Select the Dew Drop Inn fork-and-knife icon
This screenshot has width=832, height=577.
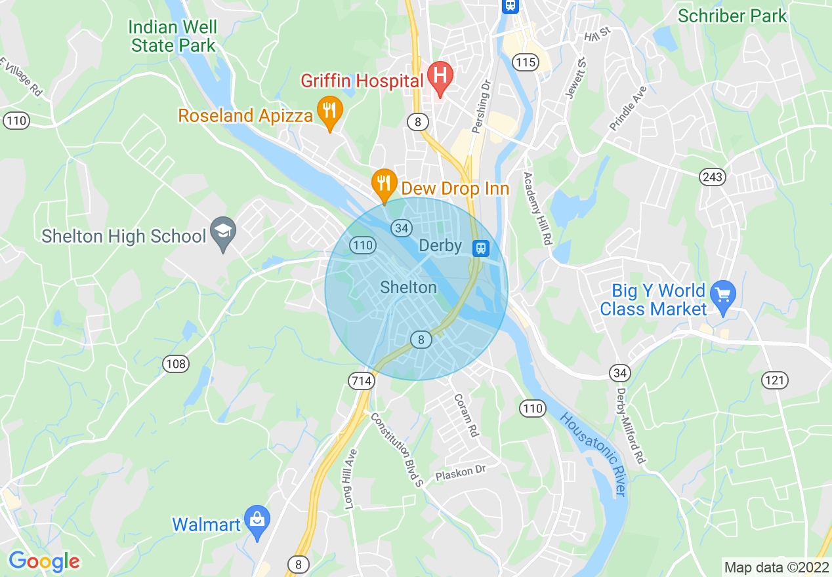point(383,182)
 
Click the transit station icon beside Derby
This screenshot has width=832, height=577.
point(481,247)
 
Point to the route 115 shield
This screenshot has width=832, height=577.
point(525,62)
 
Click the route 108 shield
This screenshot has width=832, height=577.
point(177,364)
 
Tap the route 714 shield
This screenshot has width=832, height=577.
point(362,381)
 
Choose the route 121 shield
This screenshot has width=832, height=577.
point(775,380)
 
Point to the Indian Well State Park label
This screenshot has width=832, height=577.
point(173,37)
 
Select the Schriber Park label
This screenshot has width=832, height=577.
point(732,16)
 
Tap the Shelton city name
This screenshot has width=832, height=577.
point(408,287)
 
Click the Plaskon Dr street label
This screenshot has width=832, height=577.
point(461,473)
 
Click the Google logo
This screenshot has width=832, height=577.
point(44,561)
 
